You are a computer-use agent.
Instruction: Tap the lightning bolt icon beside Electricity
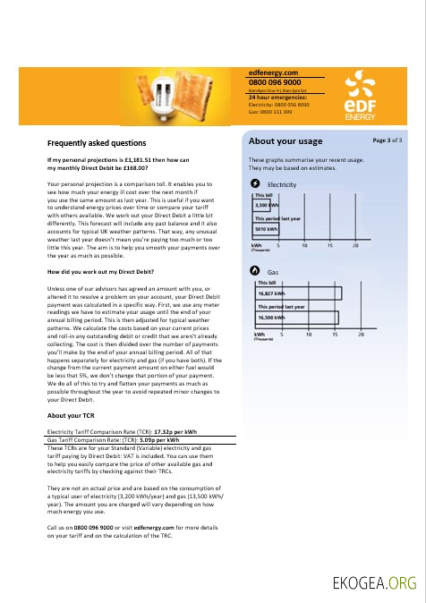click(256, 183)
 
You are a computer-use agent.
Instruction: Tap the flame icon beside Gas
click(256, 270)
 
